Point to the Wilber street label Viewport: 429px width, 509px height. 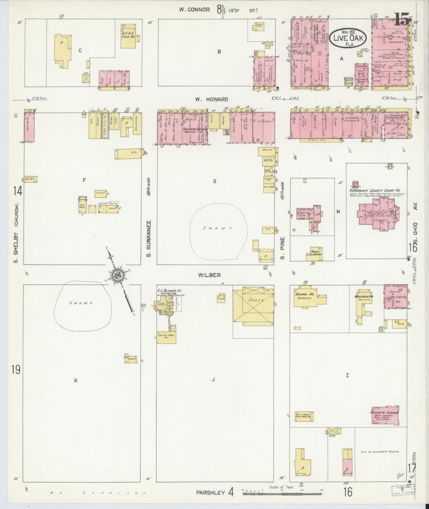pyautogui.click(x=210, y=275)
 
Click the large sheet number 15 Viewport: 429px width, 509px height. pyautogui.click(x=402, y=21)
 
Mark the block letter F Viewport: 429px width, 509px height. pyautogui.click(x=84, y=180)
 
